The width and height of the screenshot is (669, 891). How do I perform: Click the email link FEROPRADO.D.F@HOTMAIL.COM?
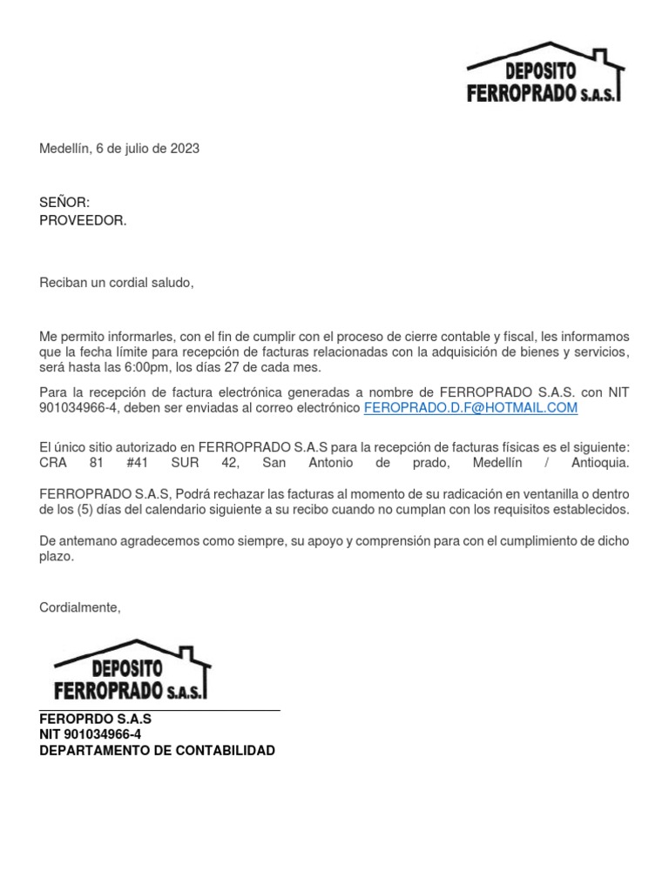[470, 407]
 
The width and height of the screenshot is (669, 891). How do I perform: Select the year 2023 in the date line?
[185, 149]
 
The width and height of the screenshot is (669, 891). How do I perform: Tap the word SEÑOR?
[64, 203]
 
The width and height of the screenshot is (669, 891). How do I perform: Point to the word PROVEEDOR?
[83, 220]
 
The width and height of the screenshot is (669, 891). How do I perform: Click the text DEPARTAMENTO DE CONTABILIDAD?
[157, 750]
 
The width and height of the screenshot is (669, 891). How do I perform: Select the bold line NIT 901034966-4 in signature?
[91, 734]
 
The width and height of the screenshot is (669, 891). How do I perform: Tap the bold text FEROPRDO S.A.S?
[95, 720]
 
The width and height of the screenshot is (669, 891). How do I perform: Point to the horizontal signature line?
[159, 711]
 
